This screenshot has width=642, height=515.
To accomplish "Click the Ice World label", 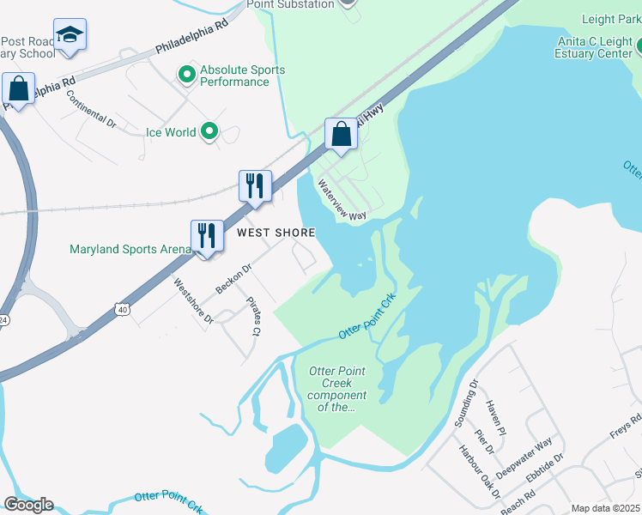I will pos(171,132).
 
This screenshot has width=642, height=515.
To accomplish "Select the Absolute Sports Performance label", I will pos(242,76).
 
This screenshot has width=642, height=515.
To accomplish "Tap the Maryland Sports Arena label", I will pos(130,250).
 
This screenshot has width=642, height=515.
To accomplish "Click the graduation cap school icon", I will pos(70,35).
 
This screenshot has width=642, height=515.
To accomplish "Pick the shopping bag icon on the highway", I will pos(341,134).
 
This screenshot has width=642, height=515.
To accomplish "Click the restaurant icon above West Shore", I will pos(255,186).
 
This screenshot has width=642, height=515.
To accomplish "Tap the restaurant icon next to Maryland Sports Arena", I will pos(207,234).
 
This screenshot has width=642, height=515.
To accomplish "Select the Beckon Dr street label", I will pos(233,279).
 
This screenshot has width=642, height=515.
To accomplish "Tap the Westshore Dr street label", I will pos(193,300).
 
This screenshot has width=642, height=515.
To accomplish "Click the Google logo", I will pos(28,505).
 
